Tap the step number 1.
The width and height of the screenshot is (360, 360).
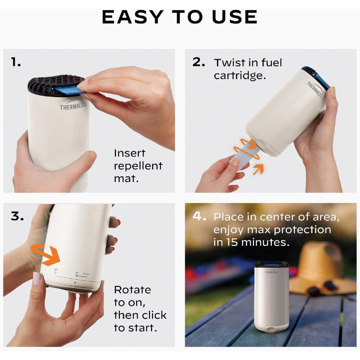(16, 62)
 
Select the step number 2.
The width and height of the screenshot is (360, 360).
(199, 62)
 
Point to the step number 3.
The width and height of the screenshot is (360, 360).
(17, 216)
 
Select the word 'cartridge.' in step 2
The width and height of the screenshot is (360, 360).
(240, 75)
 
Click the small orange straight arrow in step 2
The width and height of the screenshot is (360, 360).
(258, 169)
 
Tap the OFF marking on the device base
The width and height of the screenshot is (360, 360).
(56, 270)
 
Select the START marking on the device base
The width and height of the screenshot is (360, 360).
(86, 274)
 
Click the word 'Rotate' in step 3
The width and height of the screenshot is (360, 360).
(132, 290)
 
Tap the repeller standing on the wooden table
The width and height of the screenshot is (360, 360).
(271, 297)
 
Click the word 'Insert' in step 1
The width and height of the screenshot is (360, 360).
(130, 153)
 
